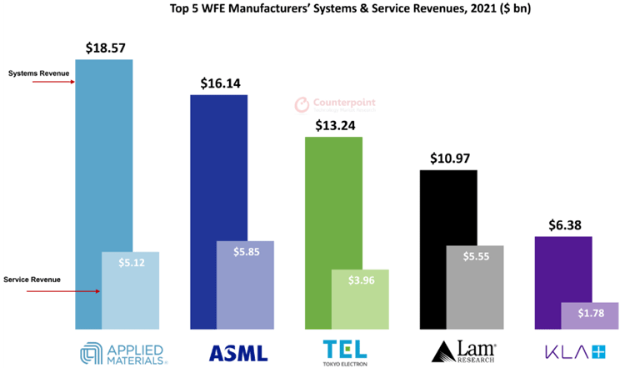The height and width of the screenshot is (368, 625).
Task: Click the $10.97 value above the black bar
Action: click(x=448, y=158)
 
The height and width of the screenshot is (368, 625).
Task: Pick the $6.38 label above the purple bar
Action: click(x=563, y=224)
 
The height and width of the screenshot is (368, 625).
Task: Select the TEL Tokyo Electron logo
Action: click(x=343, y=350)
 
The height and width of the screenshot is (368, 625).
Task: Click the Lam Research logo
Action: click(x=457, y=350)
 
